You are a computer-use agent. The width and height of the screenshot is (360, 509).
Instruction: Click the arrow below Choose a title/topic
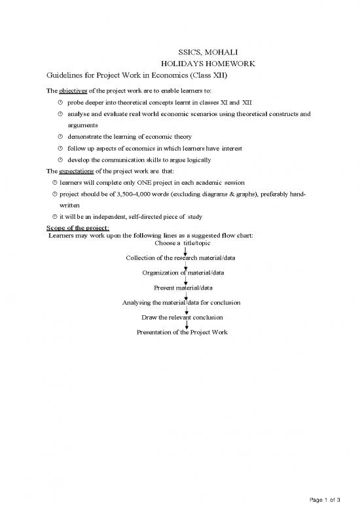(187, 251)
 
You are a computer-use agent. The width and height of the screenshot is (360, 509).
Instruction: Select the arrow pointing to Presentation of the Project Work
(187, 325)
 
